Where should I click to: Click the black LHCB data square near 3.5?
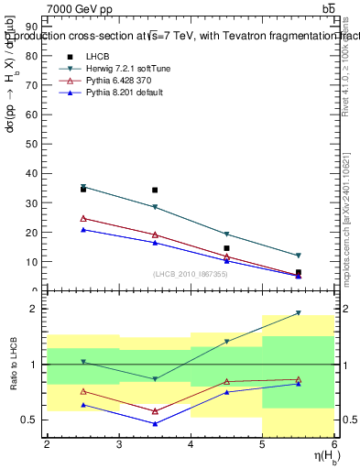click(x=155, y=190)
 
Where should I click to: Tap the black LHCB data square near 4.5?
click(x=226, y=248)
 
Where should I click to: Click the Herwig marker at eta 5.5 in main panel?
click(x=298, y=256)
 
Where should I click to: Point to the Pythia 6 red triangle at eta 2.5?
click(x=83, y=218)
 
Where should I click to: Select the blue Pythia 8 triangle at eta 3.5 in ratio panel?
click(x=155, y=423)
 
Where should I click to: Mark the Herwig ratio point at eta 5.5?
click(x=298, y=313)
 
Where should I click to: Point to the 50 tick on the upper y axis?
click(x=32, y=144)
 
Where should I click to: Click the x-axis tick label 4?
click(x=191, y=445)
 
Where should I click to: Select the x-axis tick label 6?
click(x=333, y=445)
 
